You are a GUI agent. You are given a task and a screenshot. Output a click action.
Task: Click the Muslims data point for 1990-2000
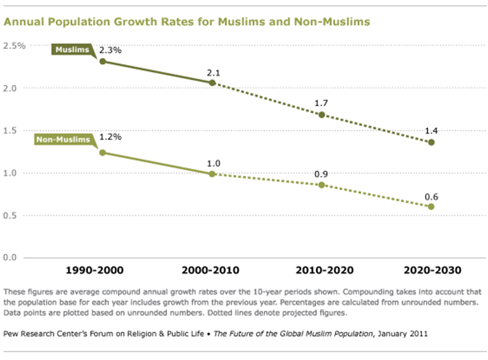(x=103, y=61)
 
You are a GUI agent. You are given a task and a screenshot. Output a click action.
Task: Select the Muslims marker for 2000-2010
(x=212, y=83)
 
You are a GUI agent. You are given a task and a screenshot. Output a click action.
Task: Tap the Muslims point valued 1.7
(x=321, y=115)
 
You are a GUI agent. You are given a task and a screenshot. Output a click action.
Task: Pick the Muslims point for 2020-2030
(x=431, y=142)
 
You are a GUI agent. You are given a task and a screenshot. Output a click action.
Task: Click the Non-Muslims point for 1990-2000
(x=103, y=153)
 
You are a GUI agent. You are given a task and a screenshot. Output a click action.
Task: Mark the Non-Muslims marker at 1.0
(x=212, y=174)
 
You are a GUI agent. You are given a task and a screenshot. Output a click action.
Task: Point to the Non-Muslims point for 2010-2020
(x=321, y=184)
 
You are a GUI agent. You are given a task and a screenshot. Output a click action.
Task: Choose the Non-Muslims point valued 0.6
(x=431, y=206)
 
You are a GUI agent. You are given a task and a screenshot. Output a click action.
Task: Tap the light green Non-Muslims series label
(x=63, y=140)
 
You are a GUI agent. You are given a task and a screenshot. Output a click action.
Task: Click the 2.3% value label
(x=110, y=50)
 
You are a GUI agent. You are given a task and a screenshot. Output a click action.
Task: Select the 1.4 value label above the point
(x=431, y=131)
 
